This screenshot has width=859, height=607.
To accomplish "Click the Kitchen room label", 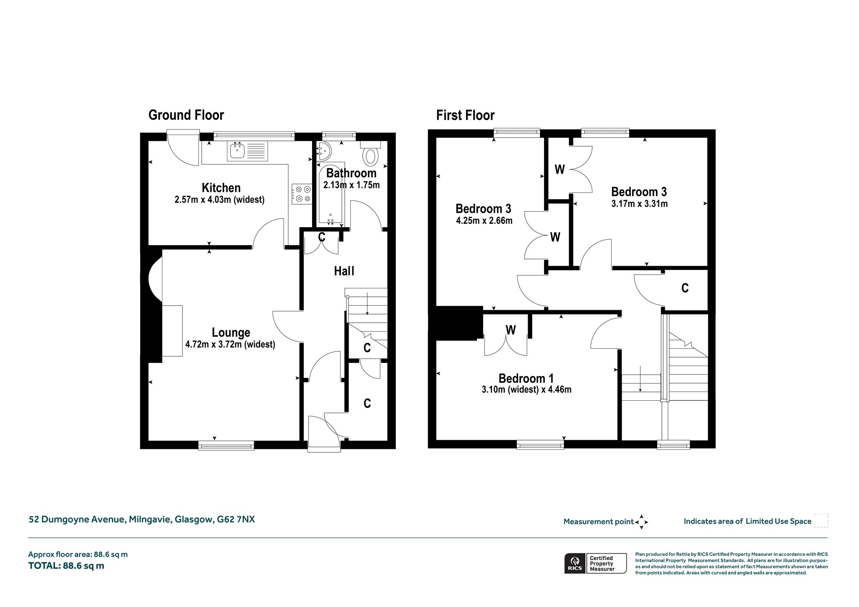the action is point(221,188).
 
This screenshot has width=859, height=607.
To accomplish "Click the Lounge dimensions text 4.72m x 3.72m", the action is point(230,345).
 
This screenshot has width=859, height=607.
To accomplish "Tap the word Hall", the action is point(344,271).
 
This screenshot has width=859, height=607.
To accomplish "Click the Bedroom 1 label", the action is point(526,379).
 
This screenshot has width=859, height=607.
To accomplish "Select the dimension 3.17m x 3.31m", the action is point(639,204).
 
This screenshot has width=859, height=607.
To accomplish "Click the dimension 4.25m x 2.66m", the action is point(484,221).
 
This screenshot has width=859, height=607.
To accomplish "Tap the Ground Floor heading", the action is point(186,115).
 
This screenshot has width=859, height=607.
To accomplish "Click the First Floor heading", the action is point(465,115).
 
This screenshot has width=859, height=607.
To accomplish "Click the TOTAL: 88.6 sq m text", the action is point(66,566).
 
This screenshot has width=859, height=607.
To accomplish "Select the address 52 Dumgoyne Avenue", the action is point(77,520).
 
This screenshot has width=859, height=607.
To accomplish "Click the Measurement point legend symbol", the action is point(641,522).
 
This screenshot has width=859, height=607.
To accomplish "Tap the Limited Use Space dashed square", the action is point(821,521).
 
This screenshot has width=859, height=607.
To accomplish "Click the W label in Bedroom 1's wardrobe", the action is point(510,330).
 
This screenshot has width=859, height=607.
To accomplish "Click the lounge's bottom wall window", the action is point(226,445).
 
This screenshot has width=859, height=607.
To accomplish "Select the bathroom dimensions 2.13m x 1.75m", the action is point(351,185).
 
